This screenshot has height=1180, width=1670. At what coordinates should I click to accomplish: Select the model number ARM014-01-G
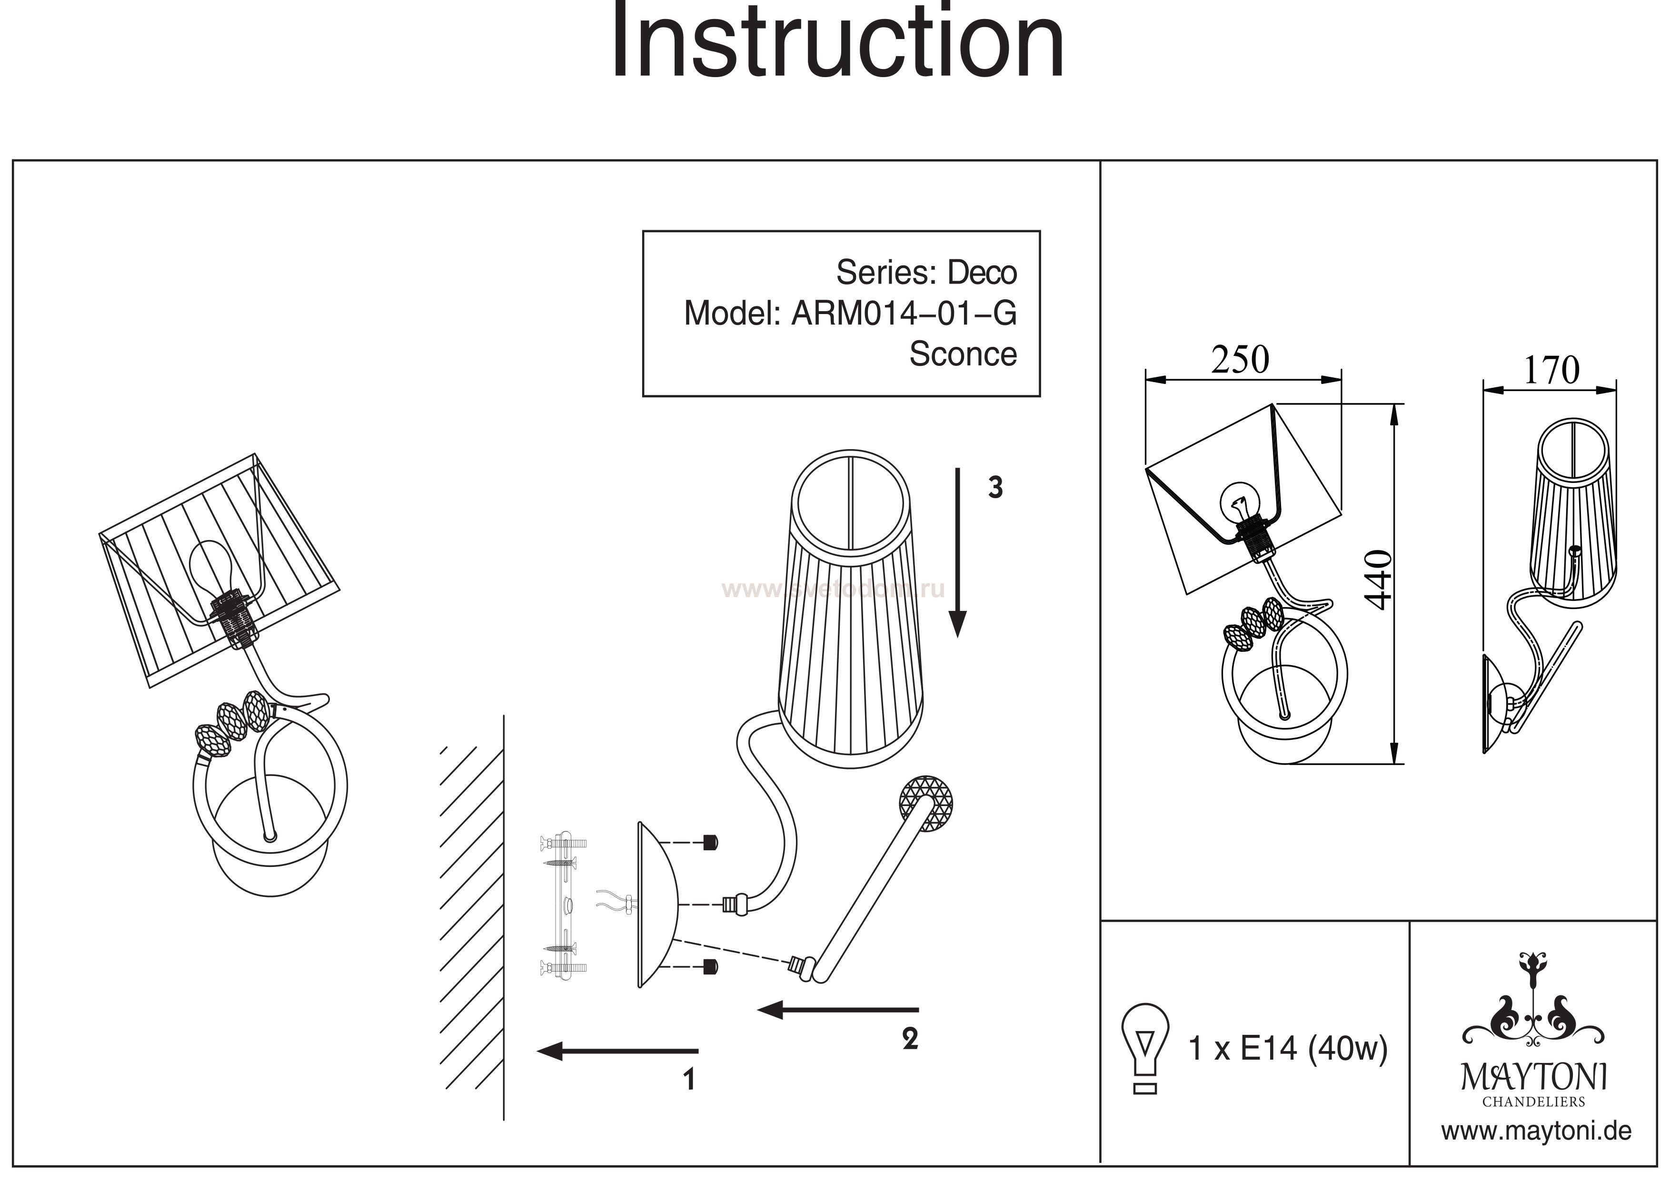pyautogui.click(x=904, y=314)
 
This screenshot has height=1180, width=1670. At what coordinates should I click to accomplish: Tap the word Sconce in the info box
pyautogui.click(x=962, y=355)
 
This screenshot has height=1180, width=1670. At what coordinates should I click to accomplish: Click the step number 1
pyautogui.click(x=689, y=1080)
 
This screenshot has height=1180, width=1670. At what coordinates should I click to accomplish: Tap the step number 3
pyautogui.click(x=995, y=488)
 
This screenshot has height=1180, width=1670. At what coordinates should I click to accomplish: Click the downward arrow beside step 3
pyautogui.click(x=958, y=552)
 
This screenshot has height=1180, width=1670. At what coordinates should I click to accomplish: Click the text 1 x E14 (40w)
pyautogui.click(x=1287, y=1049)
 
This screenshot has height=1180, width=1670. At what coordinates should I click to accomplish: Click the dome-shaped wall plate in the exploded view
pyautogui.click(x=658, y=905)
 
